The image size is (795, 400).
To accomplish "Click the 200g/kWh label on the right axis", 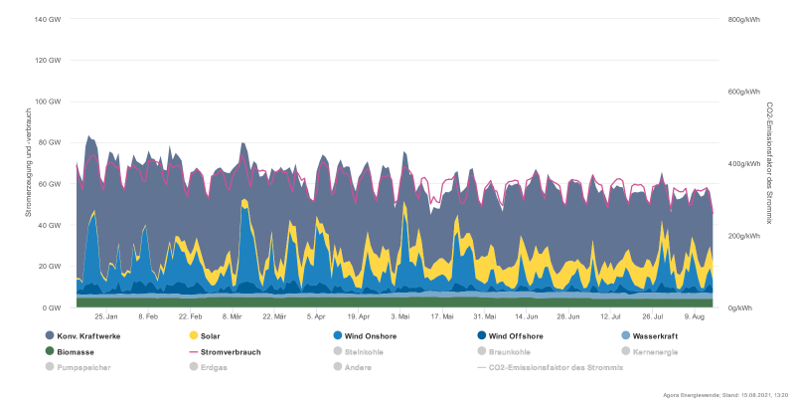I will click(x=742, y=236).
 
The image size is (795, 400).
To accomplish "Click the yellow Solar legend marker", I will click(x=194, y=335).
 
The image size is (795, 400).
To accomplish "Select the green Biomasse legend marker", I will click(x=51, y=351).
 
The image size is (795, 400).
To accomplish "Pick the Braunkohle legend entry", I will click(x=507, y=351).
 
